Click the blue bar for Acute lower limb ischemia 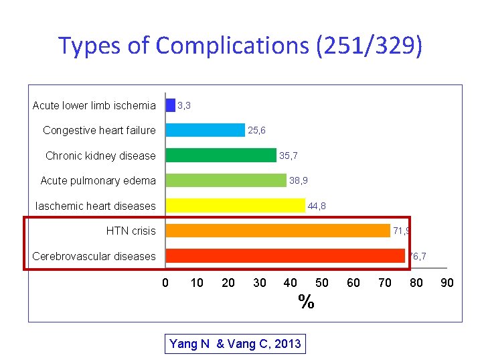[170, 105]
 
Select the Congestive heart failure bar [205, 130]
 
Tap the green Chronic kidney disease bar [220, 156]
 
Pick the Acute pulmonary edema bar [226, 180]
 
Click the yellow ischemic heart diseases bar [235, 205]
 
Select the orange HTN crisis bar [277, 231]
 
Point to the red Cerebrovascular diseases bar [285, 255]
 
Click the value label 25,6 [256, 130]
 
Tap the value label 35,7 [289, 156]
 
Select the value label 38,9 [299, 180]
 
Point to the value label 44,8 [317, 206]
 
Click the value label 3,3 [185, 105]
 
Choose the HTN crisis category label [131, 231]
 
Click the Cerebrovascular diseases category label [94, 256]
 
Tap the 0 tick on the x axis [165, 283]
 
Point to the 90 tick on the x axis [447, 283]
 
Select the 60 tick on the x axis [353, 283]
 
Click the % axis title [306, 302]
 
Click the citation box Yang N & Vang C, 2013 [235, 345]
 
